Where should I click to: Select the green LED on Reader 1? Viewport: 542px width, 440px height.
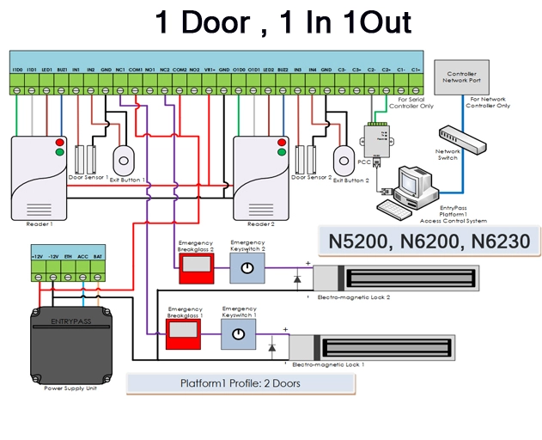click(x=58, y=152)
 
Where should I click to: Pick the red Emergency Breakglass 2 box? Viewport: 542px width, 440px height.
click(x=194, y=269)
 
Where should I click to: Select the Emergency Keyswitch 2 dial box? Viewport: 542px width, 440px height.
click(x=247, y=268)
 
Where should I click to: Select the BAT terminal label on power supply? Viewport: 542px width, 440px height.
click(x=98, y=255)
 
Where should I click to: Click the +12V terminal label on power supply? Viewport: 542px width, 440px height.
click(x=37, y=255)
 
